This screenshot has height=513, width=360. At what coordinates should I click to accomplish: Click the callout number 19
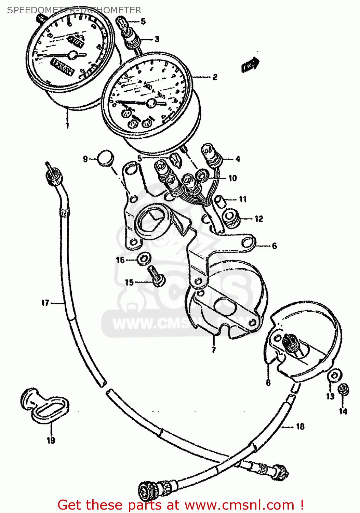[x=51, y=440]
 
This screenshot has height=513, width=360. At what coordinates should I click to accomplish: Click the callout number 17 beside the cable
[x=45, y=303]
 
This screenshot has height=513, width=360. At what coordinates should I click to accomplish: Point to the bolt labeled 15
[x=156, y=276]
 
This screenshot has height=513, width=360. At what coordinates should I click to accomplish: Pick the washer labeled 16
[x=144, y=259]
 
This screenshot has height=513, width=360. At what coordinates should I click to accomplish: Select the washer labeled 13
[x=334, y=375]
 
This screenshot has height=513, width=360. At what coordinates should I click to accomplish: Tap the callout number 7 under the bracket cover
[x=214, y=350]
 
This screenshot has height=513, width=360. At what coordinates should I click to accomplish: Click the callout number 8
[x=268, y=382]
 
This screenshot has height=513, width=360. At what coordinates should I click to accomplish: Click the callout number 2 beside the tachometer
[x=215, y=77]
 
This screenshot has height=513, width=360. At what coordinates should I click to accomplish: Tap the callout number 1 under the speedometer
[x=67, y=125]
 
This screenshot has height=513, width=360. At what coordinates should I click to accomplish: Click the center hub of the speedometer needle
[x=73, y=55]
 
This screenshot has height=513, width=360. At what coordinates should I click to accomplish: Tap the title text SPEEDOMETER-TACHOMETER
[x=74, y=10]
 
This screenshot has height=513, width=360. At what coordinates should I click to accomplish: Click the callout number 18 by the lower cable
[x=300, y=426]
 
